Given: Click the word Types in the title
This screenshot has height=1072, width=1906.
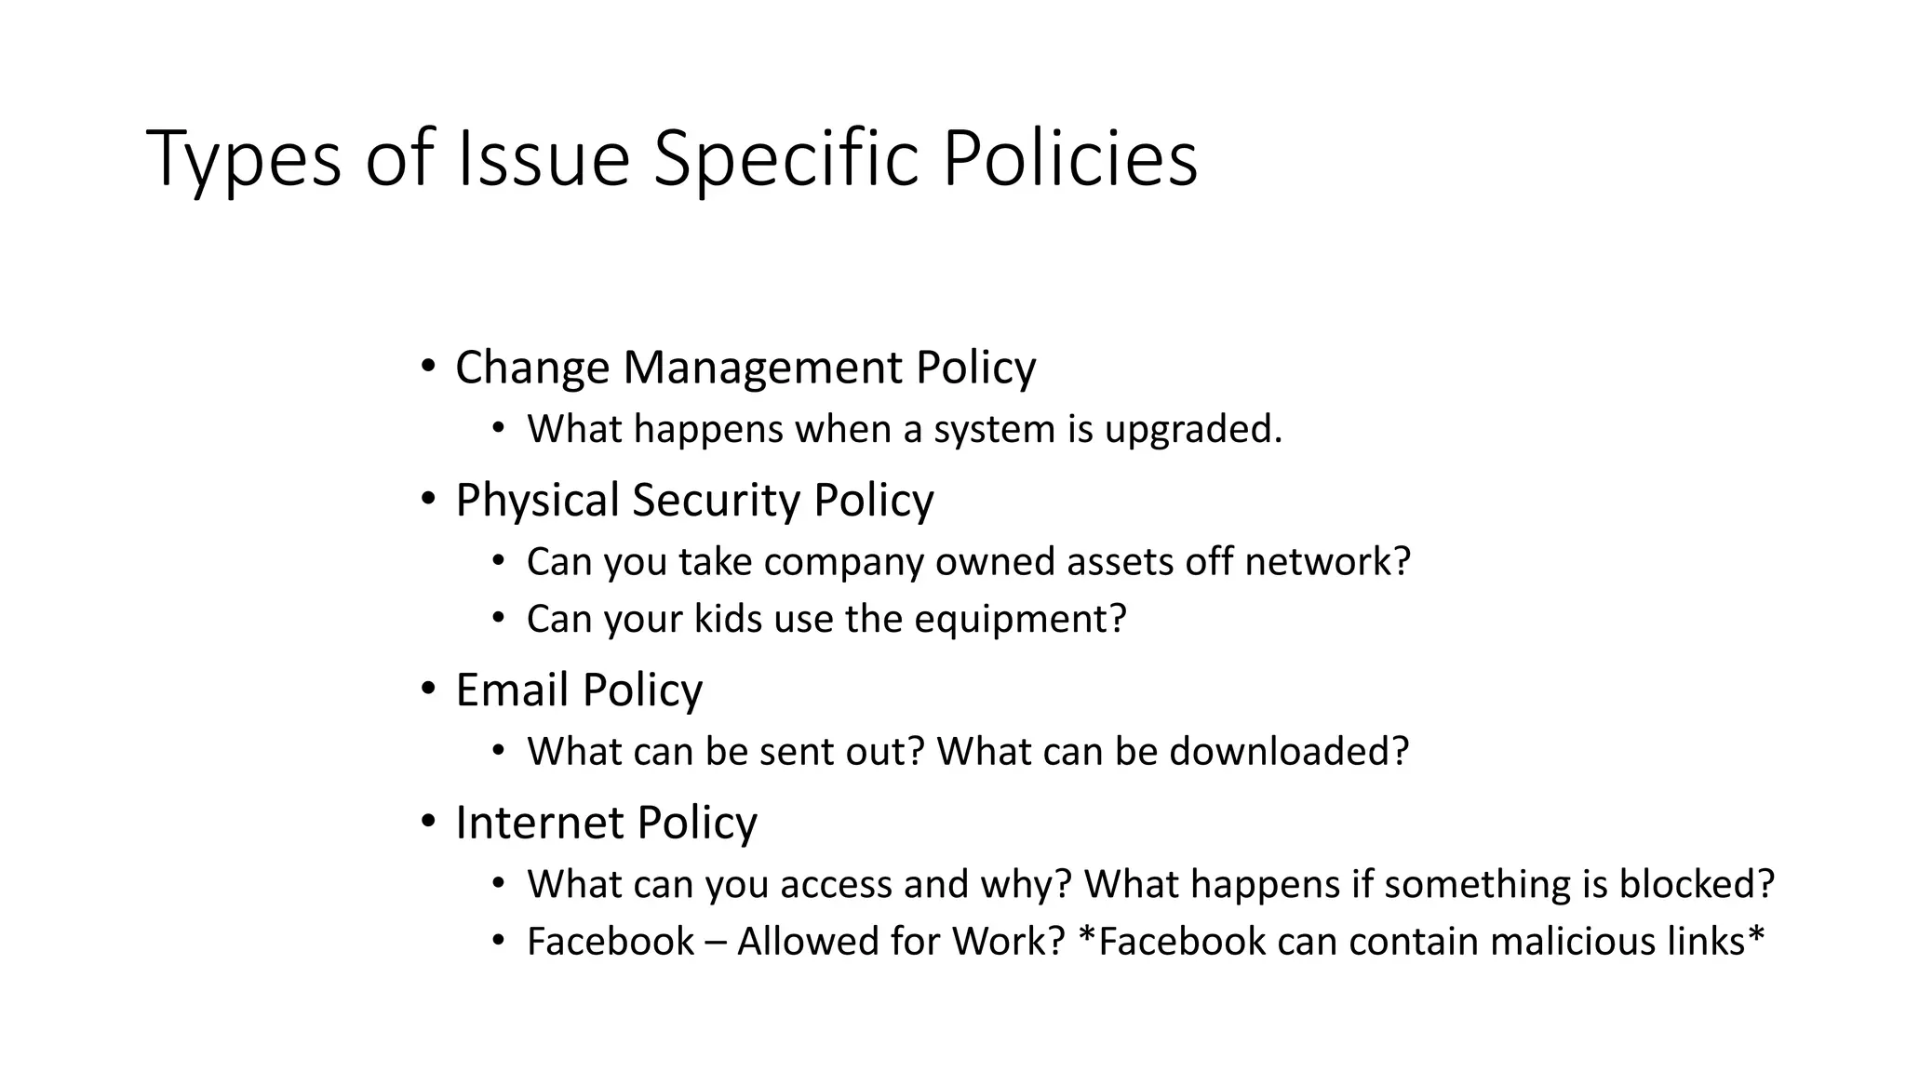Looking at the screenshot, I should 244,160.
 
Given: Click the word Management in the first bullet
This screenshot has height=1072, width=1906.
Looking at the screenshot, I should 762,368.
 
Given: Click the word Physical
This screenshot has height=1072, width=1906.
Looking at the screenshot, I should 537,501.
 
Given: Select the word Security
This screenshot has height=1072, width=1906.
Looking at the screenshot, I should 716,501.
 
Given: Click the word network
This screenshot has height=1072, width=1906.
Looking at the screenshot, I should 1327,562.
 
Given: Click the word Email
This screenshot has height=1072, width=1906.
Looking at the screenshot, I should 512,690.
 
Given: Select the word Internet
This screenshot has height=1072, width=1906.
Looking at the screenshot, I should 539,823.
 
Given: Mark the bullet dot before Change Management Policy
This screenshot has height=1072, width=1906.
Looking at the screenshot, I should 427,367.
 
